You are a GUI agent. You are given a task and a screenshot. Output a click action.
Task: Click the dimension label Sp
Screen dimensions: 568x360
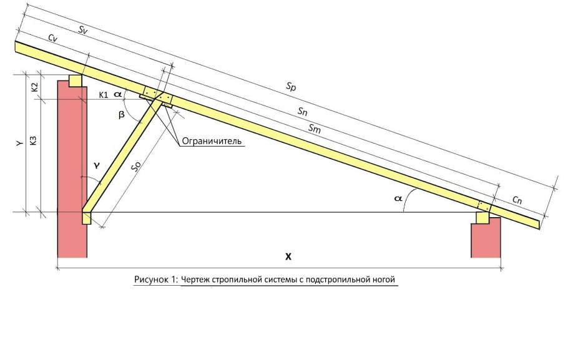[291, 87]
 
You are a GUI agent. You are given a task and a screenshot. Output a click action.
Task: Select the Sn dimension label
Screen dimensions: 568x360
[303, 111]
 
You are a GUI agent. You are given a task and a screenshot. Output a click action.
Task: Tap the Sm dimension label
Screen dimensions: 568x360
[315, 128]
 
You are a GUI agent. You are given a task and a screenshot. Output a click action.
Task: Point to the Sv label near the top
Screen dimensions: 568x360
[83, 30]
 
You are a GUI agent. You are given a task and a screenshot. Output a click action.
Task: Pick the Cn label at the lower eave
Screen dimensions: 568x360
[517, 200]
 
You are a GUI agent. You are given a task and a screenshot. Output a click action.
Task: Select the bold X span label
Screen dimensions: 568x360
[288, 257]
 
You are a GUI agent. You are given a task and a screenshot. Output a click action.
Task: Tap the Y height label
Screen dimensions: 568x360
[20, 144]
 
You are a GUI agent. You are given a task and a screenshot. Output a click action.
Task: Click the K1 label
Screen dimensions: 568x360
[104, 95]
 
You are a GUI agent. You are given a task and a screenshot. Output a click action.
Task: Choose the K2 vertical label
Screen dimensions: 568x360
[34, 87]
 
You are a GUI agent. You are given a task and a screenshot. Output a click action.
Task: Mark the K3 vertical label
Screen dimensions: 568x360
[33, 140]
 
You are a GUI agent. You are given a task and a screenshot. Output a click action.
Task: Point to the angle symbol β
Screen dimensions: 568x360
[121, 115]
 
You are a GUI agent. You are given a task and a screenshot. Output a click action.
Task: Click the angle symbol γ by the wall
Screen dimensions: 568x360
[96, 165]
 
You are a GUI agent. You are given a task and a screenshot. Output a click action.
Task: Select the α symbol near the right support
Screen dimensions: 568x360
[398, 198]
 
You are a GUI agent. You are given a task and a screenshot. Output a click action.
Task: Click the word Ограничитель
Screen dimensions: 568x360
[212, 141]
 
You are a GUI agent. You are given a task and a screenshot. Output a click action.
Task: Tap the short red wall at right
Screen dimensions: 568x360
[486, 238]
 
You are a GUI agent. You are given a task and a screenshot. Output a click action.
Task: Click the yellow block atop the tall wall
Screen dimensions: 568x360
[76, 80]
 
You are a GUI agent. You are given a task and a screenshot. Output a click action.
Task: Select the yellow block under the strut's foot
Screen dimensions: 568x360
[87, 218]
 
